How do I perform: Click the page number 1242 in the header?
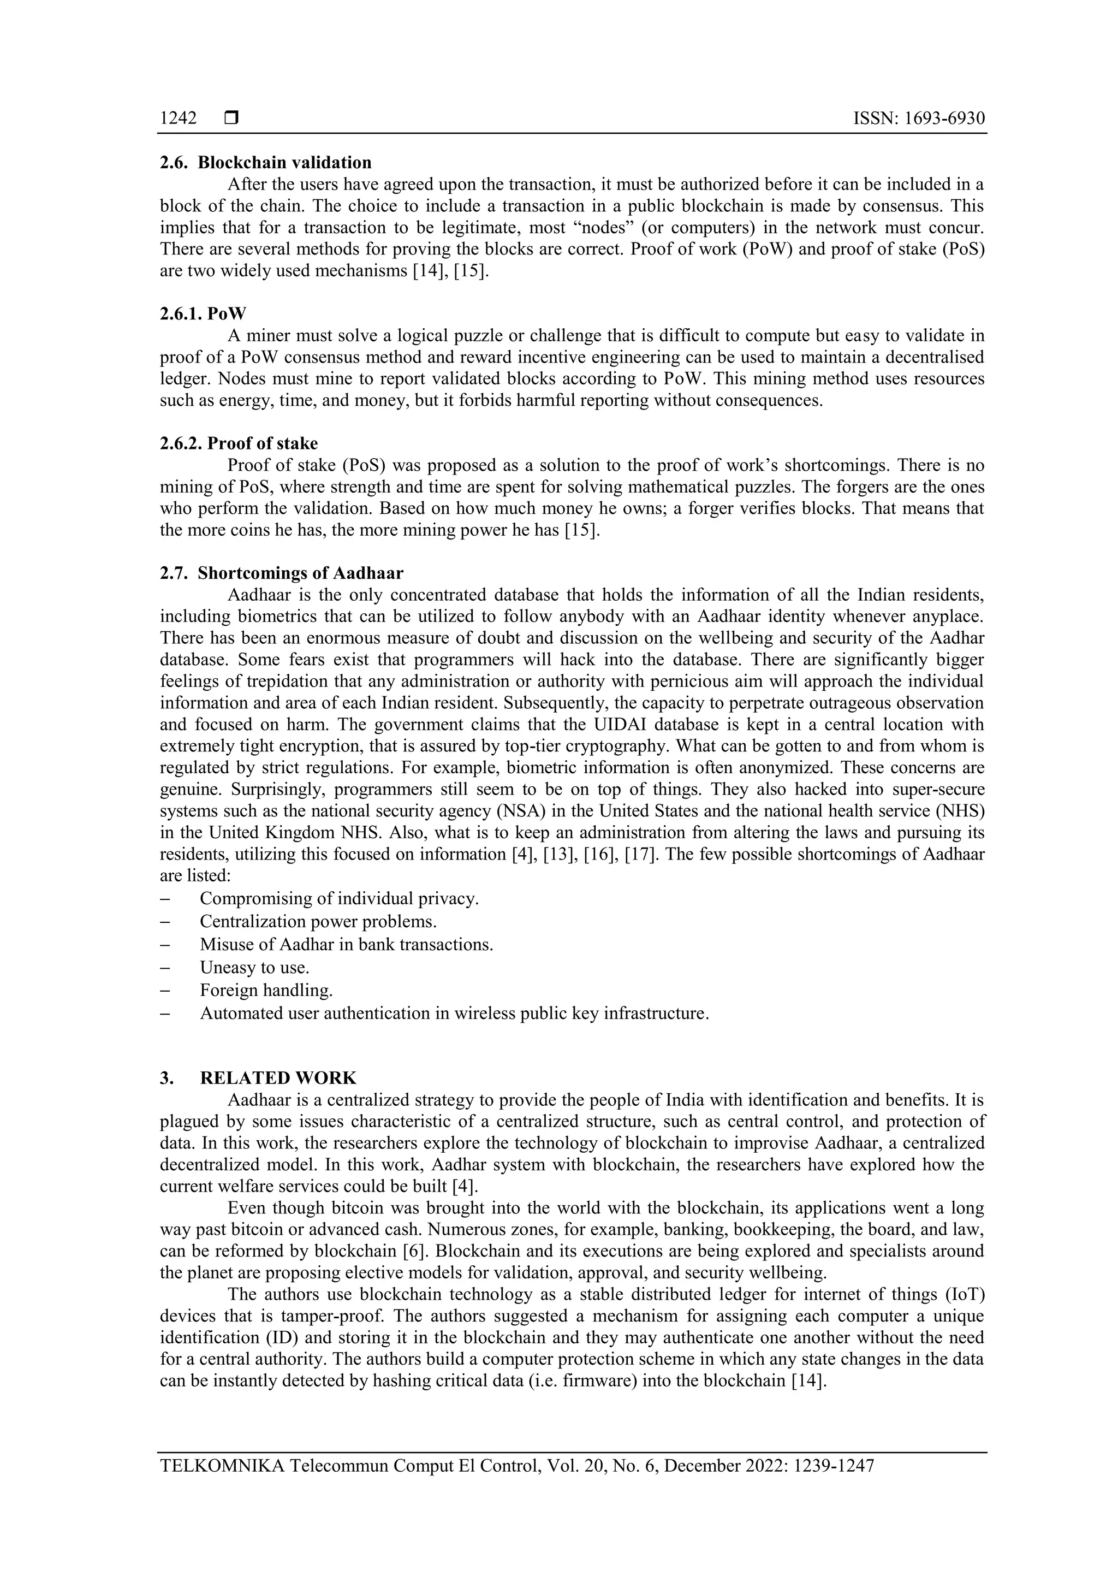pyautogui.click(x=178, y=118)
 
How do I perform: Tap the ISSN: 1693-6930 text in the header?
pyautogui.click(x=919, y=118)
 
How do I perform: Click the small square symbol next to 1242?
pyautogui.click(x=231, y=118)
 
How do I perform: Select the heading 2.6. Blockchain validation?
pyautogui.click(x=265, y=163)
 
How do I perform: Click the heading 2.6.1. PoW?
pyautogui.click(x=203, y=313)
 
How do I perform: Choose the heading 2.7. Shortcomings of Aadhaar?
pyautogui.click(x=281, y=573)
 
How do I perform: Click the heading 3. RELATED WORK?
pyautogui.click(x=258, y=1077)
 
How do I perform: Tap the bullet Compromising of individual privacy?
pyautogui.click(x=339, y=898)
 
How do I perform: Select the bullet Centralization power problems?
pyautogui.click(x=318, y=921)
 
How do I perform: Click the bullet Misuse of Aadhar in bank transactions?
pyautogui.click(x=347, y=944)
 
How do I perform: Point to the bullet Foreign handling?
pyautogui.click(x=266, y=990)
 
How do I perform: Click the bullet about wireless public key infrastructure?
pyautogui.click(x=454, y=1013)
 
